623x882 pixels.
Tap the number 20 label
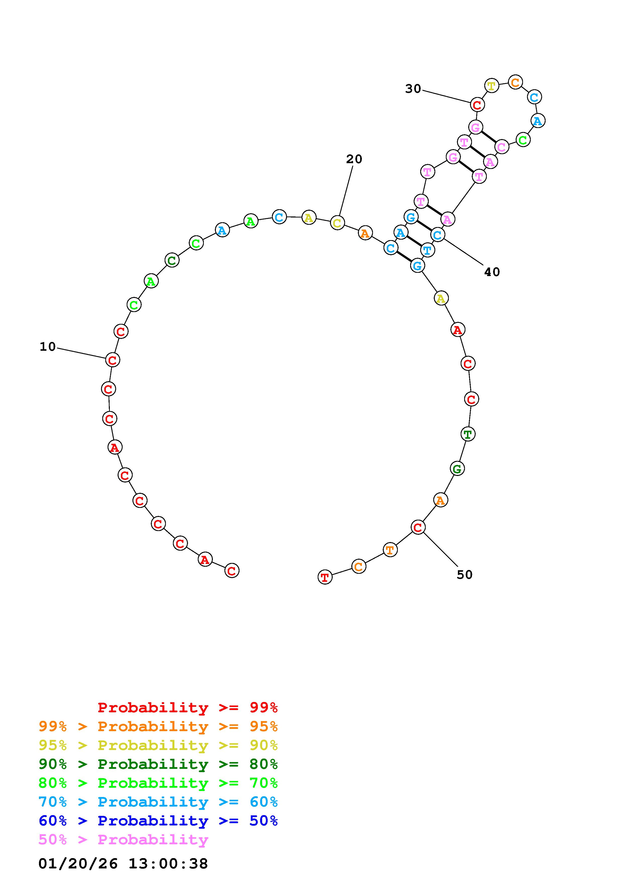pos(354,159)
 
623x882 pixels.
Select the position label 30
pos(413,89)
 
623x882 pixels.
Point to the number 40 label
pos(492,272)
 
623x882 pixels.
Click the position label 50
pos(464,575)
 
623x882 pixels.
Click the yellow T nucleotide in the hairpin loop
pos(492,85)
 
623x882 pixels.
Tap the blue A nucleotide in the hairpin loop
pos(538,121)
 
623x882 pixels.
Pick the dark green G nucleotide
pos(457,469)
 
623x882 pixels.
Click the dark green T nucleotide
pos(467,434)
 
